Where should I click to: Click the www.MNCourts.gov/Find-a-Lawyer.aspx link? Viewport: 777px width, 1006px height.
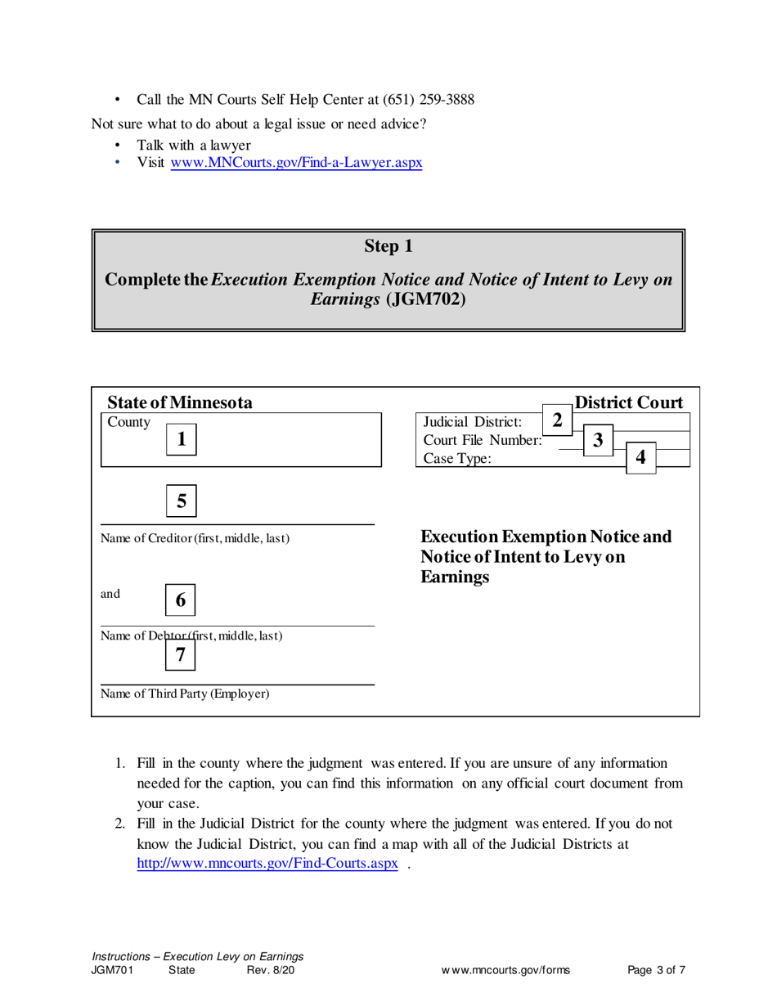pos(296,163)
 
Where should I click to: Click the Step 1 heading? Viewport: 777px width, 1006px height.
pos(388,245)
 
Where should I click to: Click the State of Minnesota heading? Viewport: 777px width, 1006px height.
pos(180,402)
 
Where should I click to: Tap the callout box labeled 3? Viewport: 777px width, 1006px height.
pos(598,440)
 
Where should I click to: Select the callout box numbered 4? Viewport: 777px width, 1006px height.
pos(640,458)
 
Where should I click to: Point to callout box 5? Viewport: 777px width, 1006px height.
pos(182,500)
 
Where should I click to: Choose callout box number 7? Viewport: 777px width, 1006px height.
pos(182,653)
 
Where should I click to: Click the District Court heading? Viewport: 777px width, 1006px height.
pos(628,402)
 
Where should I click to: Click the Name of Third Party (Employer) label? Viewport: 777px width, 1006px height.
pos(185,694)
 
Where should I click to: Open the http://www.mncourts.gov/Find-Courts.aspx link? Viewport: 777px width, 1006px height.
pos(267,864)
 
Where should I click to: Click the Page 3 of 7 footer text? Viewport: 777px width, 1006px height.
pos(656,971)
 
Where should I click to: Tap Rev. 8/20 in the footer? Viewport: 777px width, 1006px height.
pos(270,971)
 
